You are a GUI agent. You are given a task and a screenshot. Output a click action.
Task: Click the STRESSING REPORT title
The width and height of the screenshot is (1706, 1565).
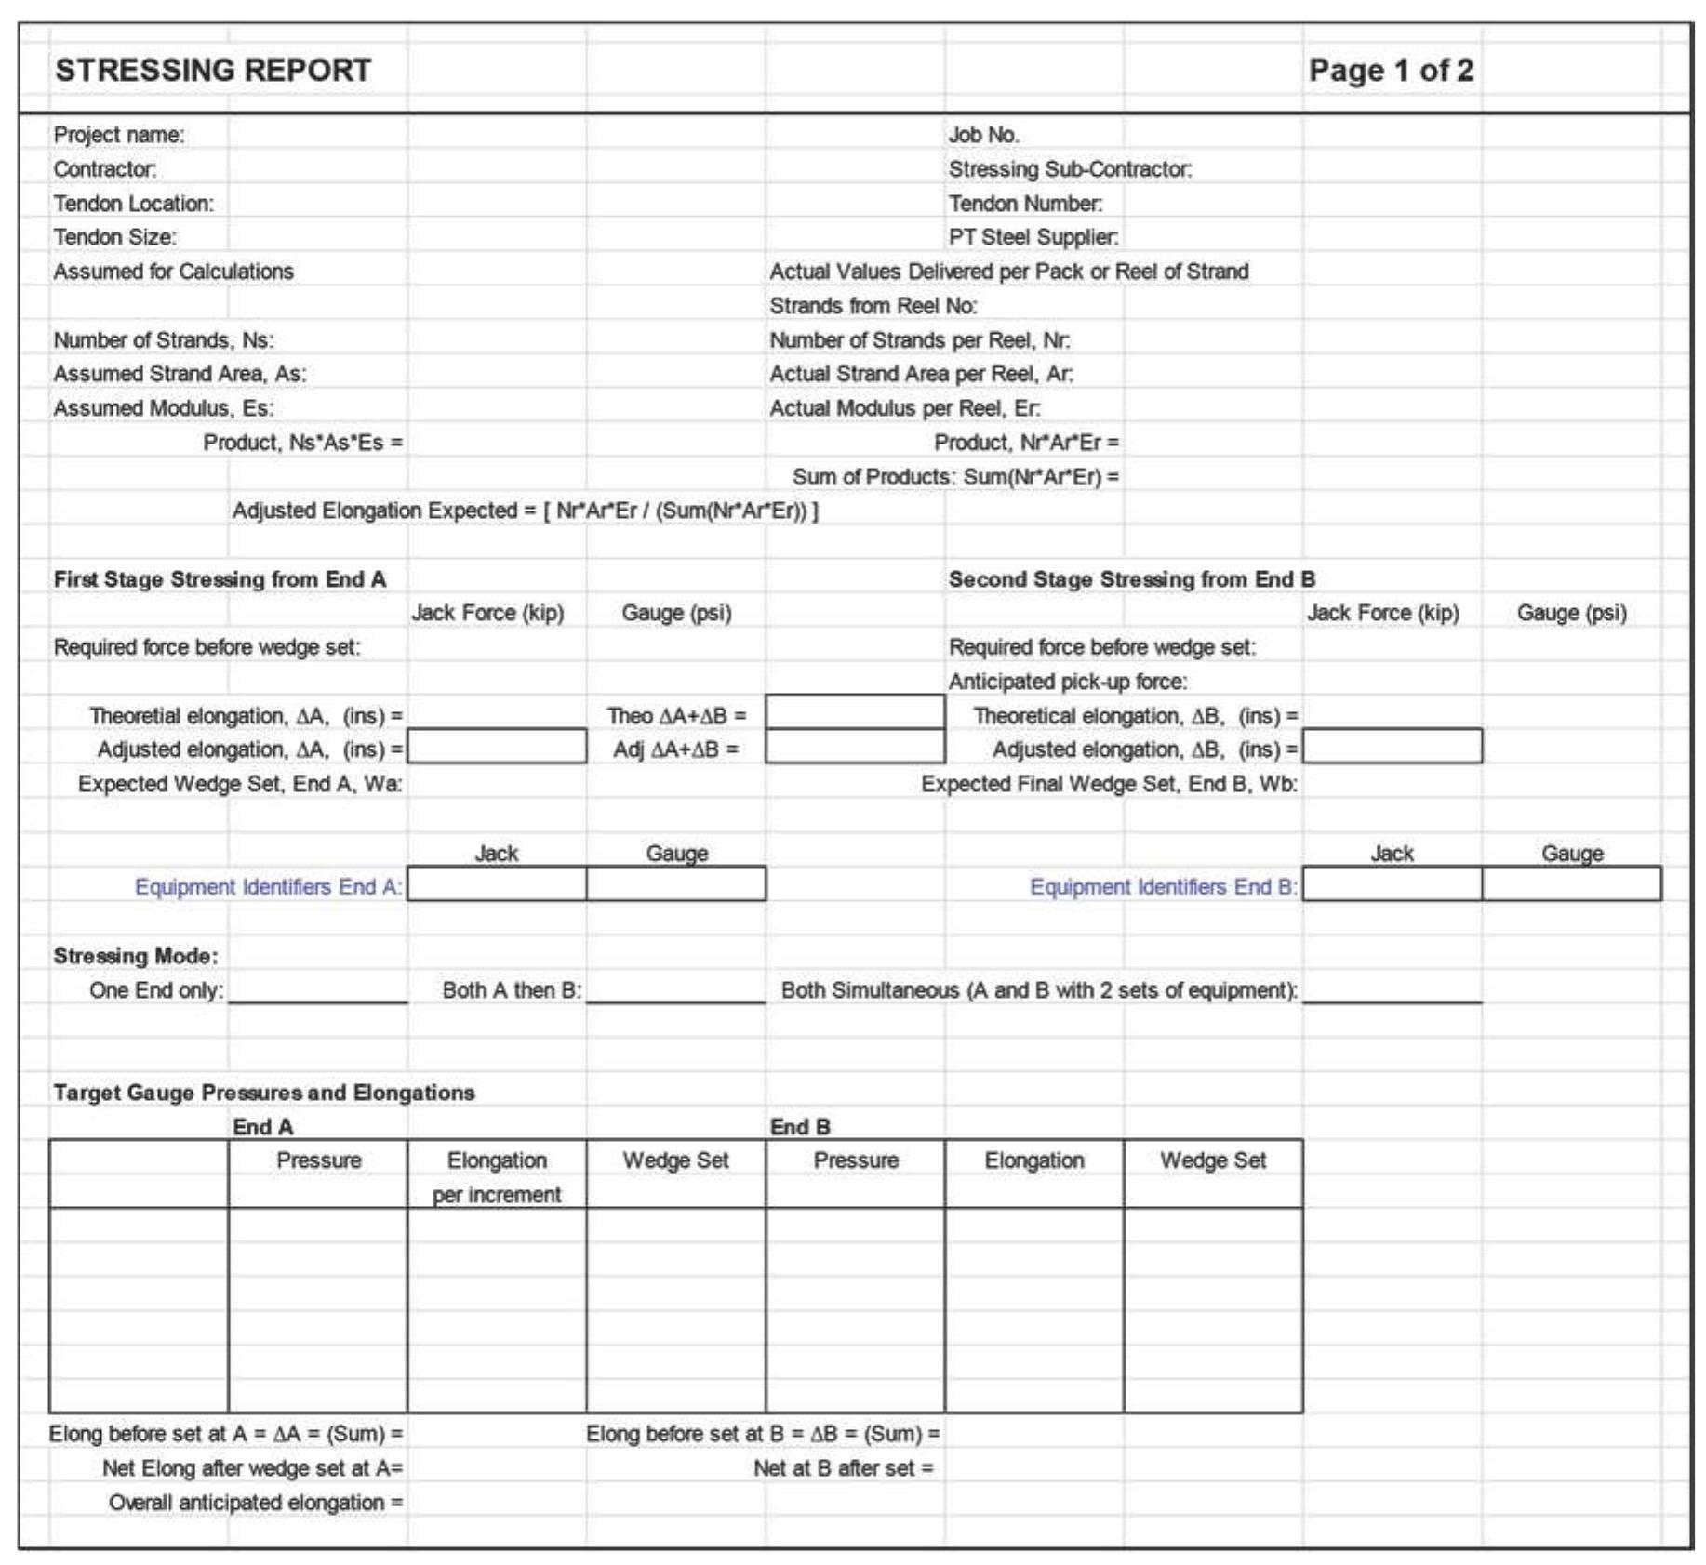tap(213, 71)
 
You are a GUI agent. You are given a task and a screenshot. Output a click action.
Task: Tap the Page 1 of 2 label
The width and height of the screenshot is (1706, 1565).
tap(1390, 71)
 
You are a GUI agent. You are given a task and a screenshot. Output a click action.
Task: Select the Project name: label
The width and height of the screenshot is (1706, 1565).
tap(119, 135)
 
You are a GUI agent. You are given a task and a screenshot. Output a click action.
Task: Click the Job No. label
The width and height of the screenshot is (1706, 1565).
tap(983, 135)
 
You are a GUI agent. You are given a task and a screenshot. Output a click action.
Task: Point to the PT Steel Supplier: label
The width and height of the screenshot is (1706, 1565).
tap(1033, 237)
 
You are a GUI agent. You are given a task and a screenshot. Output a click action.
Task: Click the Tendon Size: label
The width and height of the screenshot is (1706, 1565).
tap(114, 237)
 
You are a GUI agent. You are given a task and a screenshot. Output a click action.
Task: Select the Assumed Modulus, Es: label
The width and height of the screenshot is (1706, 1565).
tap(164, 408)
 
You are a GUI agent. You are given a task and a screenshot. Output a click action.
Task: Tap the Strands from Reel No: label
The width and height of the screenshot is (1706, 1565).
tap(873, 306)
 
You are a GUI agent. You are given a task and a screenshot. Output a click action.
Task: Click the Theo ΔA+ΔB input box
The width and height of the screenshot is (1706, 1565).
tap(855, 712)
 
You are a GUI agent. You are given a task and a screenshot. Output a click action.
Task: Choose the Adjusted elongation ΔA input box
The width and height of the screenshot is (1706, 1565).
tap(497, 747)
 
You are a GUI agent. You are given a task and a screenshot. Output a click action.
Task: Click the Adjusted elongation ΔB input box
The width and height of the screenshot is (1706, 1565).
tap(1392, 747)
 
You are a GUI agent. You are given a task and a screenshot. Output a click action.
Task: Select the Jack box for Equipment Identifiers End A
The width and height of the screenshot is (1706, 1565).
tap(497, 884)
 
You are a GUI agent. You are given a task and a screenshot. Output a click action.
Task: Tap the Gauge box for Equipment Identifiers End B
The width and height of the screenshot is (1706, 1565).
tap(1571, 884)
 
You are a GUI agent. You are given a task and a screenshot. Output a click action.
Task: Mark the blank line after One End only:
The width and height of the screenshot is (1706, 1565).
tap(317, 991)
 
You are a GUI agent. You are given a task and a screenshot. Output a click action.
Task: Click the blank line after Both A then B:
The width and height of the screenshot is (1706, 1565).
tap(675, 991)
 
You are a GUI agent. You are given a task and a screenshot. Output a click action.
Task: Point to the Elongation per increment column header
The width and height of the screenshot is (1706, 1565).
tap(497, 1176)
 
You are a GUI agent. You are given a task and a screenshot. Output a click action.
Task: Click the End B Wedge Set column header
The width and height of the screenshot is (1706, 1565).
tap(1212, 1160)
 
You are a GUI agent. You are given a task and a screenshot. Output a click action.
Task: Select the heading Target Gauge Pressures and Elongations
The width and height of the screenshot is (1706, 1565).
tap(264, 1093)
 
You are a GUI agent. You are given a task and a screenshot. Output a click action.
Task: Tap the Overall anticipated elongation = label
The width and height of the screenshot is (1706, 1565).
tap(256, 1503)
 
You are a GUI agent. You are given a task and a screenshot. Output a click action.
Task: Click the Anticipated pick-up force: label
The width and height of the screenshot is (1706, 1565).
tap(1067, 682)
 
